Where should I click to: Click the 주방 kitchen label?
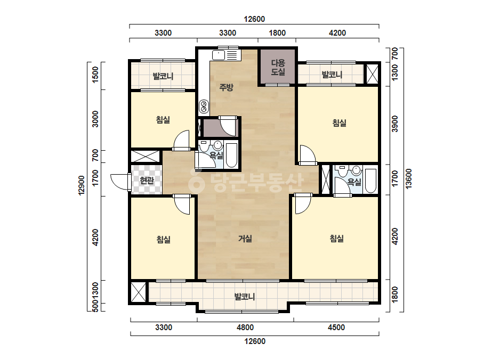click(226, 87)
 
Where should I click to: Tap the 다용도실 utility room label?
click(278, 67)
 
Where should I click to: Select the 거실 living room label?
click(245, 239)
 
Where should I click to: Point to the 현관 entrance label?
click(147, 181)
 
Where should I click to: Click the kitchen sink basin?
click(219, 55)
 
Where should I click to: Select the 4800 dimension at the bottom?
click(245, 328)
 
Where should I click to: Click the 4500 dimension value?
click(336, 328)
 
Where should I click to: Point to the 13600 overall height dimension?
click(408, 179)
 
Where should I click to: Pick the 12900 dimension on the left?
click(82, 185)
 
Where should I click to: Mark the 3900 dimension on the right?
click(395, 124)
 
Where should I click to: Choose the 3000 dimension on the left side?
click(95, 119)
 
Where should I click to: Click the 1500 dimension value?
click(95, 75)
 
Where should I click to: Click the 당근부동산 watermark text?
click(246, 181)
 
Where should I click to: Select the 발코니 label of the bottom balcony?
click(245, 296)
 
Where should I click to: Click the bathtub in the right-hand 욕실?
click(370, 181)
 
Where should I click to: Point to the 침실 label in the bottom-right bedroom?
click(337, 239)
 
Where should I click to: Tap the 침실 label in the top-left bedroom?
click(163, 119)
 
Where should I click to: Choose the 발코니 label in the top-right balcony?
click(332, 75)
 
